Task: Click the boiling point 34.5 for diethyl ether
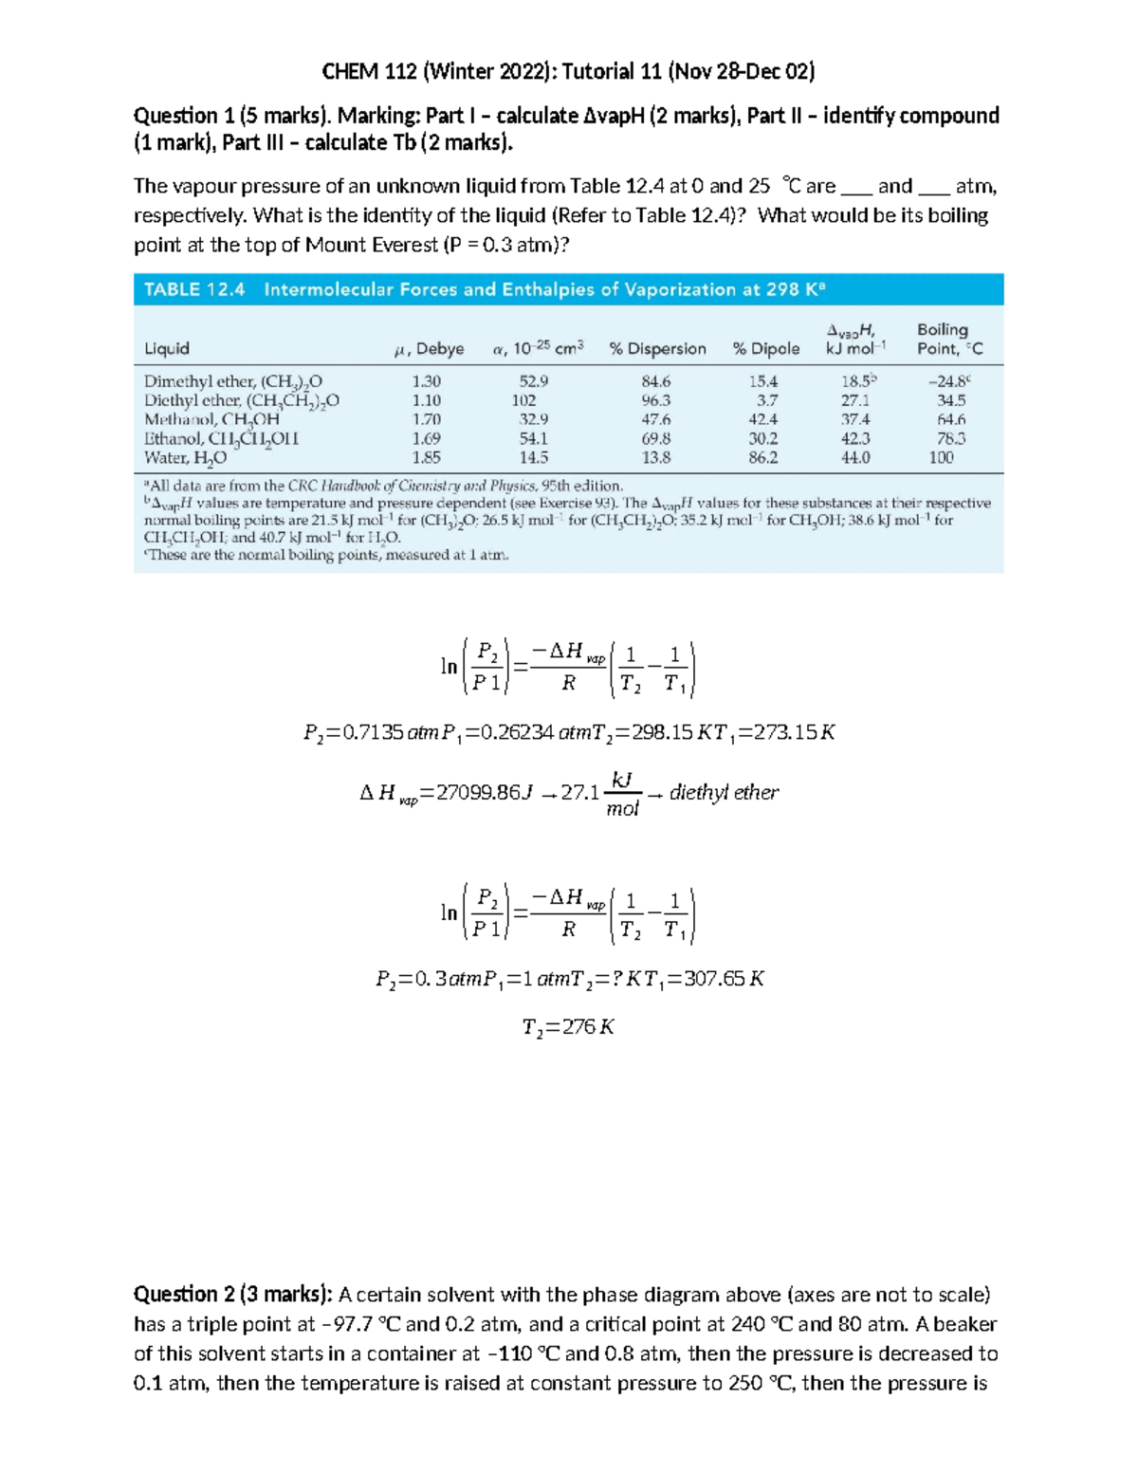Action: pyautogui.click(x=950, y=400)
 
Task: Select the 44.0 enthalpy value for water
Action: pyautogui.click(x=854, y=457)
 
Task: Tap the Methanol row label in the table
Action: pyautogui.click(x=211, y=419)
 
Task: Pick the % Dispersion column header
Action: pyautogui.click(x=657, y=349)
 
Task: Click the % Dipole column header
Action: pyautogui.click(x=765, y=349)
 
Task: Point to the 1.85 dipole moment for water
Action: pyautogui.click(x=426, y=457)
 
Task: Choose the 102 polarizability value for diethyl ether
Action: pyautogui.click(x=523, y=400)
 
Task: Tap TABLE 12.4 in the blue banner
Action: pyautogui.click(x=194, y=289)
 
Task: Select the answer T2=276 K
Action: pyautogui.click(x=568, y=1027)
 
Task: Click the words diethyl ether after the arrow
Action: pyautogui.click(x=724, y=793)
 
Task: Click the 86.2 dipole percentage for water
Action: pyautogui.click(x=762, y=457)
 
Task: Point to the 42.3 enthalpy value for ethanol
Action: pyautogui.click(x=854, y=438)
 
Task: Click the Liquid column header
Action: pyautogui.click(x=167, y=349)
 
